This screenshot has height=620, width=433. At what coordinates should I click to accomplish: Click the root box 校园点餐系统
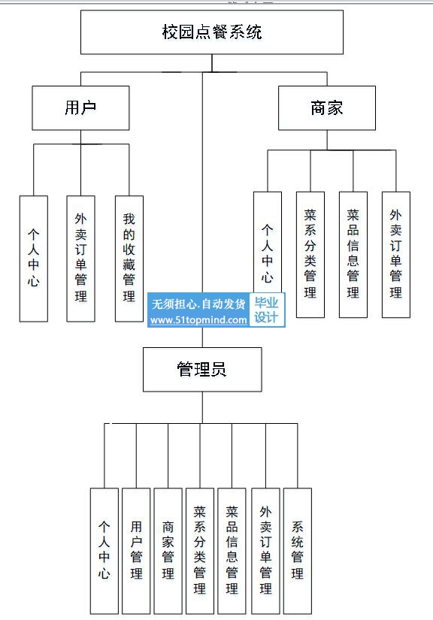[x=212, y=32]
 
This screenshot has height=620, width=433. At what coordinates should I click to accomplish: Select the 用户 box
[x=80, y=108]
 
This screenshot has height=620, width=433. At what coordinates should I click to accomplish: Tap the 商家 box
[x=327, y=108]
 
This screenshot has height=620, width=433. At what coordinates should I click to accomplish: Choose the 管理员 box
[x=202, y=369]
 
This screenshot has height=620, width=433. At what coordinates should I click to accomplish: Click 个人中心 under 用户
[x=34, y=259]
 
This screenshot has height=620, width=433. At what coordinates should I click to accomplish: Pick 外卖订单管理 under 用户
[x=80, y=259]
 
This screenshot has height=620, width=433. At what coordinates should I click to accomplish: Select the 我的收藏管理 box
[x=129, y=259]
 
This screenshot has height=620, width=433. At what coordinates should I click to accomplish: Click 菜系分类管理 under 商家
[x=310, y=255]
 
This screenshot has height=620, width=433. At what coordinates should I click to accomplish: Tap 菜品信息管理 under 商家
[x=353, y=255]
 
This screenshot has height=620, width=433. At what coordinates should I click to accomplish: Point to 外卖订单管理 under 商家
[x=396, y=255]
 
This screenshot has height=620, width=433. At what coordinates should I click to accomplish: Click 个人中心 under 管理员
[x=104, y=551]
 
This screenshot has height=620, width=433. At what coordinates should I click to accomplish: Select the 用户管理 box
[x=136, y=551]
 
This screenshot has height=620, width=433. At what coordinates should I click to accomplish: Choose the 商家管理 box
[x=168, y=551]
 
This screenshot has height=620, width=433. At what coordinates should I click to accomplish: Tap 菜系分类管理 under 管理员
[x=200, y=551]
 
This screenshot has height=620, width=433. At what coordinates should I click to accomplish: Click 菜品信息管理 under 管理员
[x=232, y=551]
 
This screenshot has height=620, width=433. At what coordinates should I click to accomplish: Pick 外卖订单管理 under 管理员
[x=265, y=551]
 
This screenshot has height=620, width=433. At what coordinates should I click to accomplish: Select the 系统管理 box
[x=298, y=551]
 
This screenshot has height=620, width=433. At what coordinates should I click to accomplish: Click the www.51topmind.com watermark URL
[x=199, y=320]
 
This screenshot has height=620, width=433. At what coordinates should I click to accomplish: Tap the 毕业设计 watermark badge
[x=266, y=310]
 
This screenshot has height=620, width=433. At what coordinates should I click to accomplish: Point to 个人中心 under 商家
[x=268, y=242]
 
